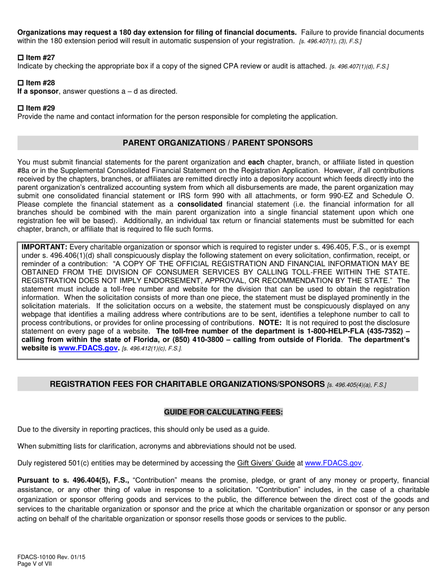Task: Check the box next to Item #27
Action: click(x=20, y=57)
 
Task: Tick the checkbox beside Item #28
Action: click(x=20, y=83)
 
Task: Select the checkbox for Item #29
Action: click(x=20, y=108)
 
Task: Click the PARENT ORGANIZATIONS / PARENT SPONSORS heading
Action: click(x=217, y=143)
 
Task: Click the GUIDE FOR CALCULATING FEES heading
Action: click(x=223, y=412)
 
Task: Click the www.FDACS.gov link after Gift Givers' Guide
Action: click(x=334, y=463)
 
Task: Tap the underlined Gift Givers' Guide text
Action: click(x=266, y=463)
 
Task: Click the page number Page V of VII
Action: click(x=33, y=563)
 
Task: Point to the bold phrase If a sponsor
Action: click(x=38, y=91)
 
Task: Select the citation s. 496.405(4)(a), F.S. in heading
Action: click(x=356, y=385)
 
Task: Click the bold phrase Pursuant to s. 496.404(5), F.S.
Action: click(x=73, y=480)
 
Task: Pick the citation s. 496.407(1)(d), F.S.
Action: click(x=359, y=66)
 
